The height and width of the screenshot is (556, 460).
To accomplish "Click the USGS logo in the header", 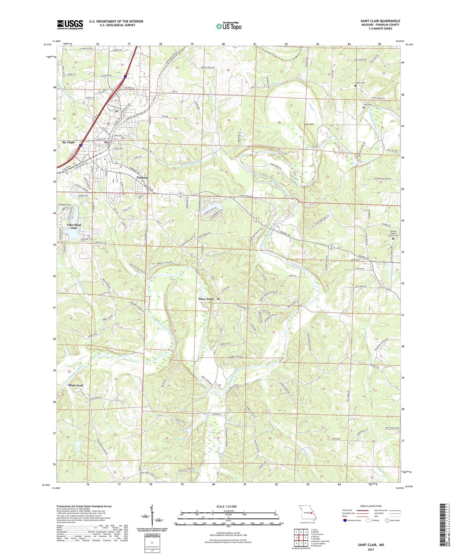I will click(x=70, y=25).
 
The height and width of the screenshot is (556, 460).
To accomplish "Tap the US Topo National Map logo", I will click(x=229, y=26).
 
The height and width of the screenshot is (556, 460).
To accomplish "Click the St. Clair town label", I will click(x=68, y=142).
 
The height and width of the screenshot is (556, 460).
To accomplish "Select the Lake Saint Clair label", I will click(x=74, y=226).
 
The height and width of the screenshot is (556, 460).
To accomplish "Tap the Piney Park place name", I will click(x=206, y=299).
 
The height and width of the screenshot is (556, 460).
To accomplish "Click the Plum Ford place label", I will click(x=75, y=385).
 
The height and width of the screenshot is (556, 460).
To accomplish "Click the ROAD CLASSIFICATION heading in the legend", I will click(x=371, y=506).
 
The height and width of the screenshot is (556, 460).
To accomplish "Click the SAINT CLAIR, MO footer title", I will click(x=371, y=545).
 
